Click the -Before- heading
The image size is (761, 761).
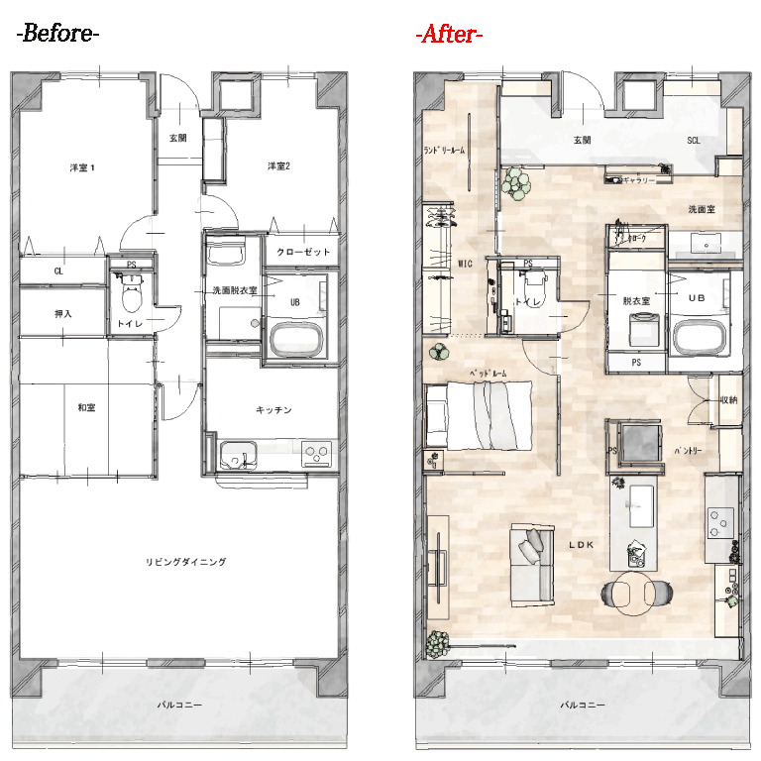point(58,34)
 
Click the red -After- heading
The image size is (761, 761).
point(449,35)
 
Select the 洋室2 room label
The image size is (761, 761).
point(278,165)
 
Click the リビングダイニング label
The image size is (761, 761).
point(186,562)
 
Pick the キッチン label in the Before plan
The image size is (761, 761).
point(272,409)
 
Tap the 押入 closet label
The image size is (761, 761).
point(62,314)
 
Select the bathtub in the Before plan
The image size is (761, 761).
point(297,340)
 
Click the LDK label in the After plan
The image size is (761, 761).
point(581,545)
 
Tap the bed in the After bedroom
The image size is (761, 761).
point(481,414)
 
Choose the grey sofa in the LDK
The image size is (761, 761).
point(530,564)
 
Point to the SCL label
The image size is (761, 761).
point(694,141)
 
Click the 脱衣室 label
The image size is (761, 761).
point(635,299)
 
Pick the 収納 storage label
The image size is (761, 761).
point(728,400)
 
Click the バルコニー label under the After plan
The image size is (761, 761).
point(580,706)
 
